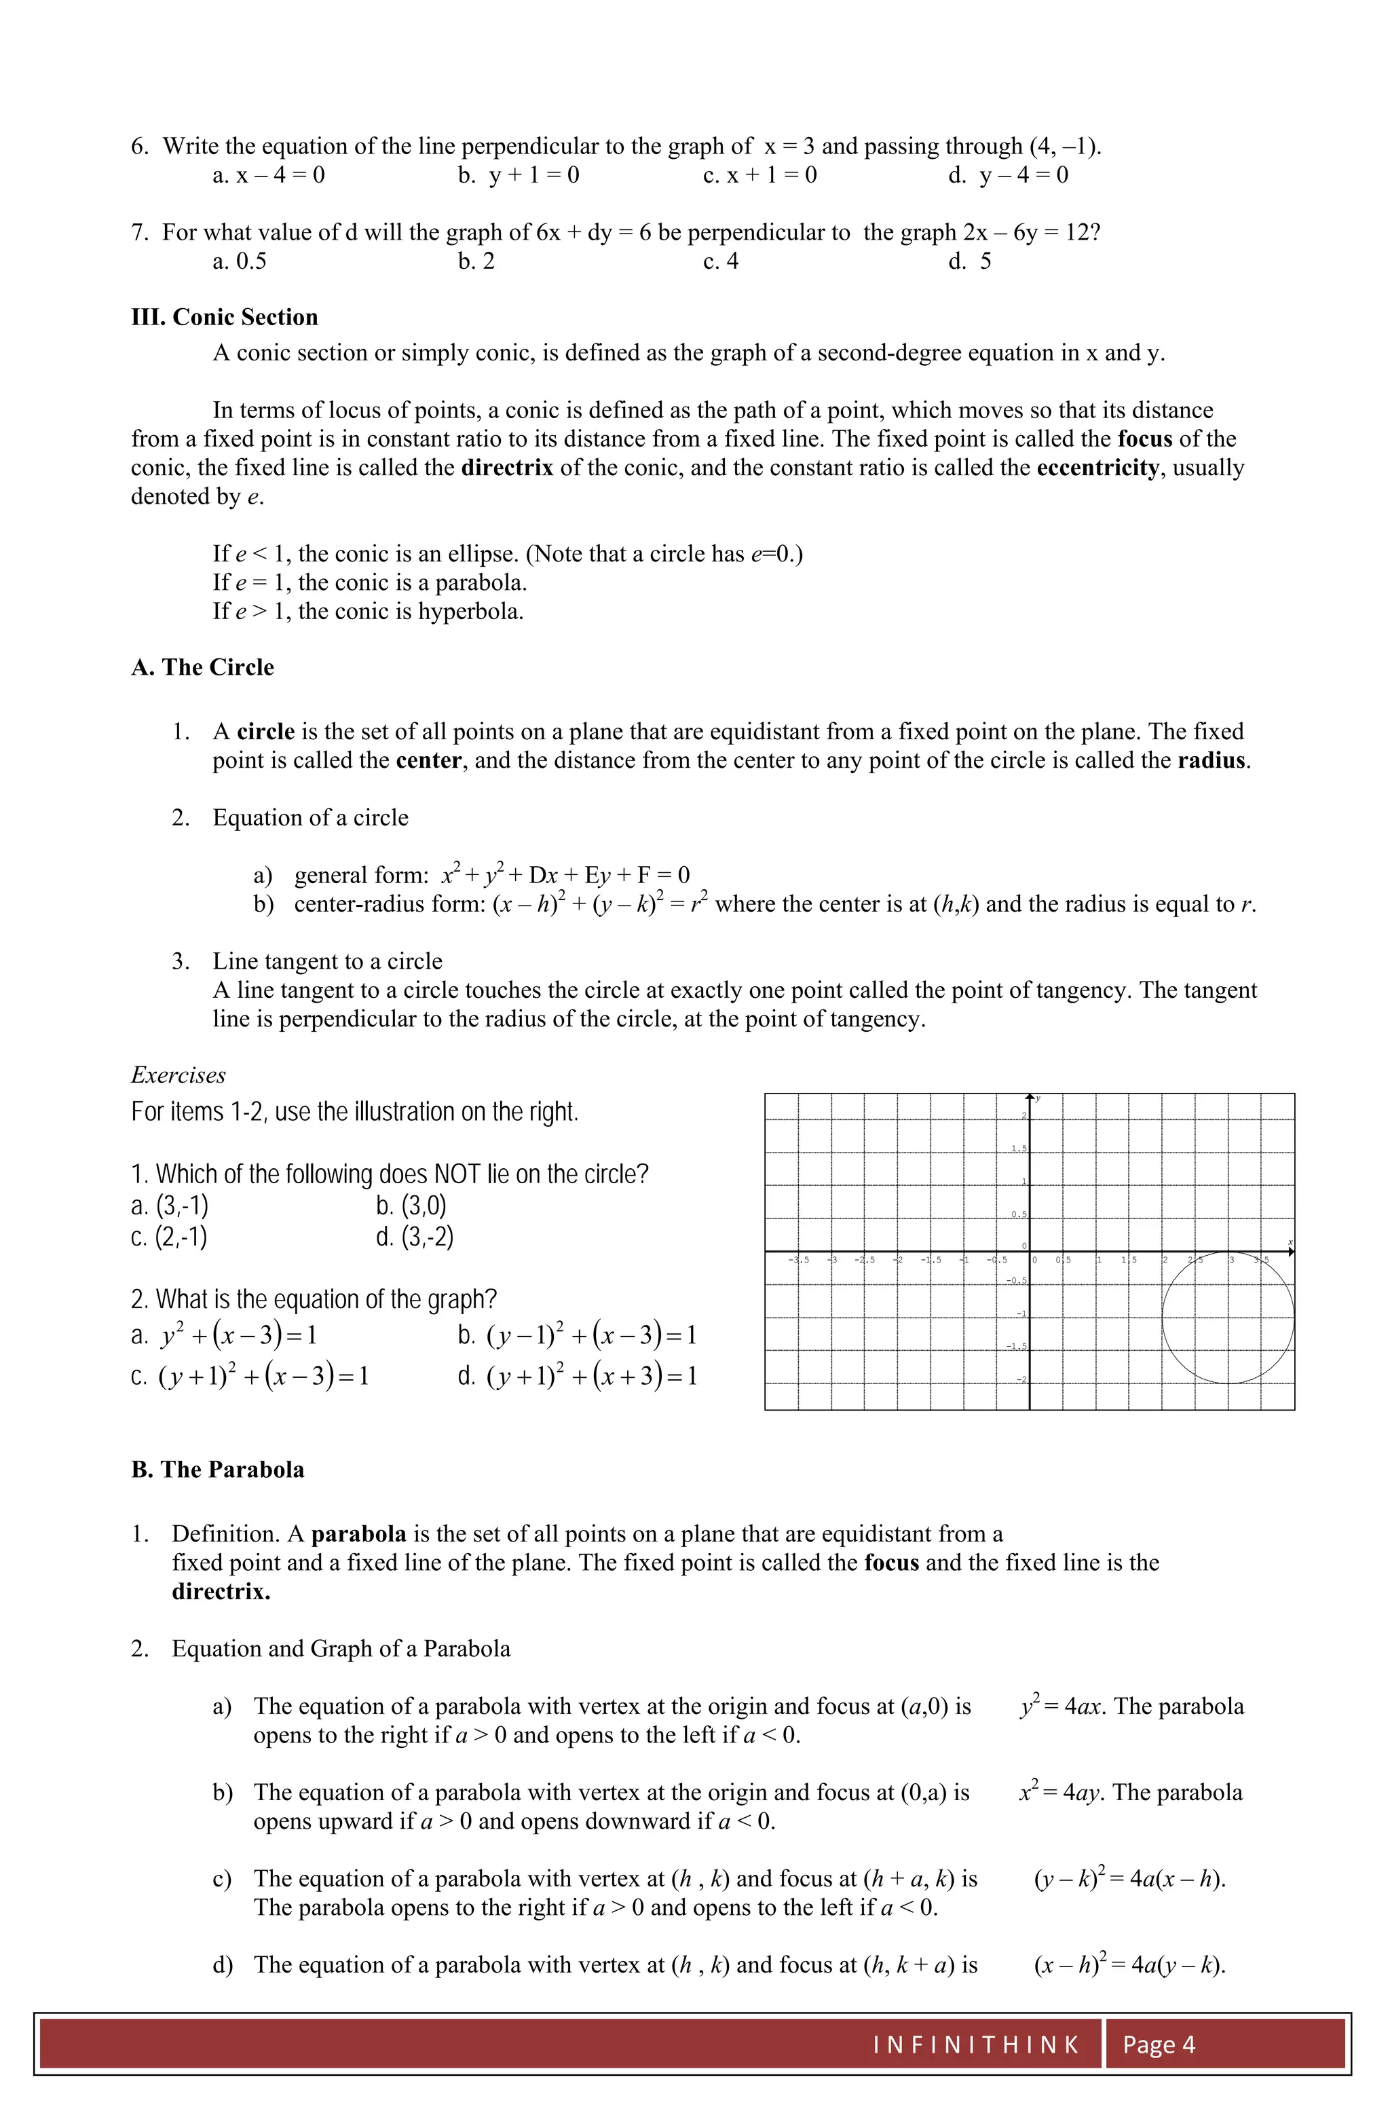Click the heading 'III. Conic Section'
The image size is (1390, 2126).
[x=224, y=317]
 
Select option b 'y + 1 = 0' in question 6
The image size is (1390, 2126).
[x=518, y=175]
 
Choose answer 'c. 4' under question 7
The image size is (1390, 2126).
[x=721, y=262]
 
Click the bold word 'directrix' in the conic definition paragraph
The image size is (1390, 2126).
[x=506, y=468]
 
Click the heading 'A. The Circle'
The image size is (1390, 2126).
[x=203, y=667]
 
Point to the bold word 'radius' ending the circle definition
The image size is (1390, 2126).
[x=1211, y=761]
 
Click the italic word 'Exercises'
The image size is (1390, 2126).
[x=178, y=1075]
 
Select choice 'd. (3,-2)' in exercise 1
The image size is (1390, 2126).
[x=415, y=1237]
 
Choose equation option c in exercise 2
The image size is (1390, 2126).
[x=250, y=1376]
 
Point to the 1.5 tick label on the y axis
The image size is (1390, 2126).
[x=1018, y=1149]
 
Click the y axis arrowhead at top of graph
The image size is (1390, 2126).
[x=1030, y=1097]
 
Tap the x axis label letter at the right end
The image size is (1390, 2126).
[x=1290, y=1243]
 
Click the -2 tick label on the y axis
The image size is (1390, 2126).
[x=1022, y=1380]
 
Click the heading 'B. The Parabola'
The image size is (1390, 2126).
[x=218, y=1470]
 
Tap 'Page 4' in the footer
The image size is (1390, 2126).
[x=1159, y=2045]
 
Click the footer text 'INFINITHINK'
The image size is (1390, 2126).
[x=977, y=2045]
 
